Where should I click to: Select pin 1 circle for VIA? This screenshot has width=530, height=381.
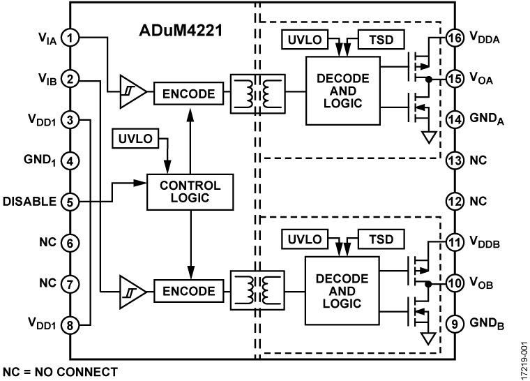tap(70, 38)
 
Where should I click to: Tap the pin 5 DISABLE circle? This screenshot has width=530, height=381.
tap(70, 202)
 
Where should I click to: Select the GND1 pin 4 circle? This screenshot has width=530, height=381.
tap(70, 160)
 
